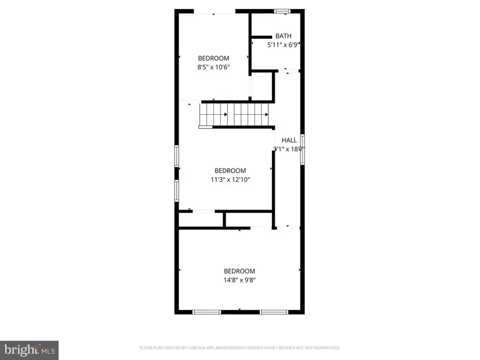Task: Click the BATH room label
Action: pyautogui.click(x=283, y=36)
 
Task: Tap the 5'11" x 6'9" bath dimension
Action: pyautogui.click(x=282, y=45)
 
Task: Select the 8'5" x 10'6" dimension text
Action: pyautogui.click(x=213, y=67)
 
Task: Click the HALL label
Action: pyautogui.click(x=289, y=140)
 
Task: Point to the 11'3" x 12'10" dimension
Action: pyautogui.click(x=230, y=180)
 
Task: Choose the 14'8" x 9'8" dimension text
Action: pyautogui.click(x=239, y=280)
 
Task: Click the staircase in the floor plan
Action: pyautogui.click(x=234, y=114)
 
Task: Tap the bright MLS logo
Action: pyautogui.click(x=29, y=350)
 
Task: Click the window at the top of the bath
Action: pyautogui.click(x=282, y=11)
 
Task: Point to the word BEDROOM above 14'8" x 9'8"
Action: pyautogui.click(x=239, y=271)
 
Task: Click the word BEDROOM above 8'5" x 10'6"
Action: pyautogui.click(x=213, y=58)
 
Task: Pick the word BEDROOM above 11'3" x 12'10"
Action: pyautogui.click(x=230, y=171)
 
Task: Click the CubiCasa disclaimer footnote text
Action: pyautogui.click(x=239, y=348)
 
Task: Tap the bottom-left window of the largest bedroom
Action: pyautogui.click(x=206, y=312)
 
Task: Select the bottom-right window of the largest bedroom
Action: pyautogui.click(x=274, y=312)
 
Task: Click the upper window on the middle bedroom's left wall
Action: pyautogui.click(x=177, y=157)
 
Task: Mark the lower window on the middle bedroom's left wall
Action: pyautogui.click(x=177, y=189)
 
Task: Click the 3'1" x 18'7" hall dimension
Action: pyautogui.click(x=289, y=149)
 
